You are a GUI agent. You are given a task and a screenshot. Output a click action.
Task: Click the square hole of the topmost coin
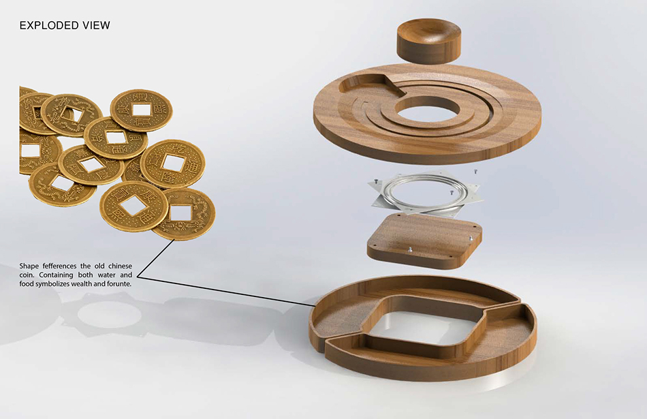pyautogui.click(x=142, y=109)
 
